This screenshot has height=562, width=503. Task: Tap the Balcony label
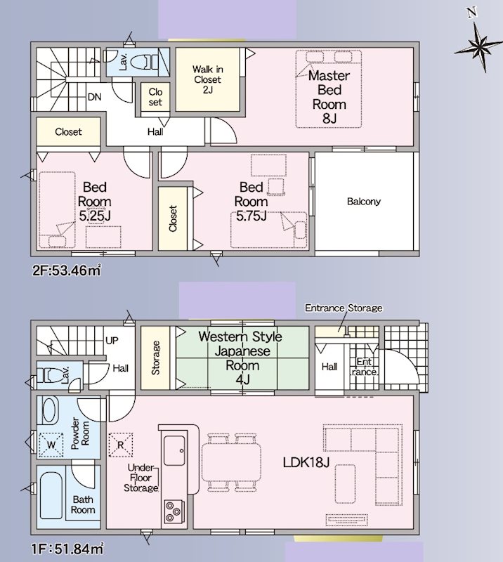click(x=363, y=202)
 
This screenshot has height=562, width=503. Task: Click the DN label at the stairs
click(x=94, y=98)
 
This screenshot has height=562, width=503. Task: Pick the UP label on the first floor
click(x=111, y=341)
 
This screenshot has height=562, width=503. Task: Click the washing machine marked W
click(x=51, y=444)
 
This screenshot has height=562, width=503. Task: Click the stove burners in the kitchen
click(x=174, y=511)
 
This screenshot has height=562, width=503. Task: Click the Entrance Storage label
click(x=344, y=308)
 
